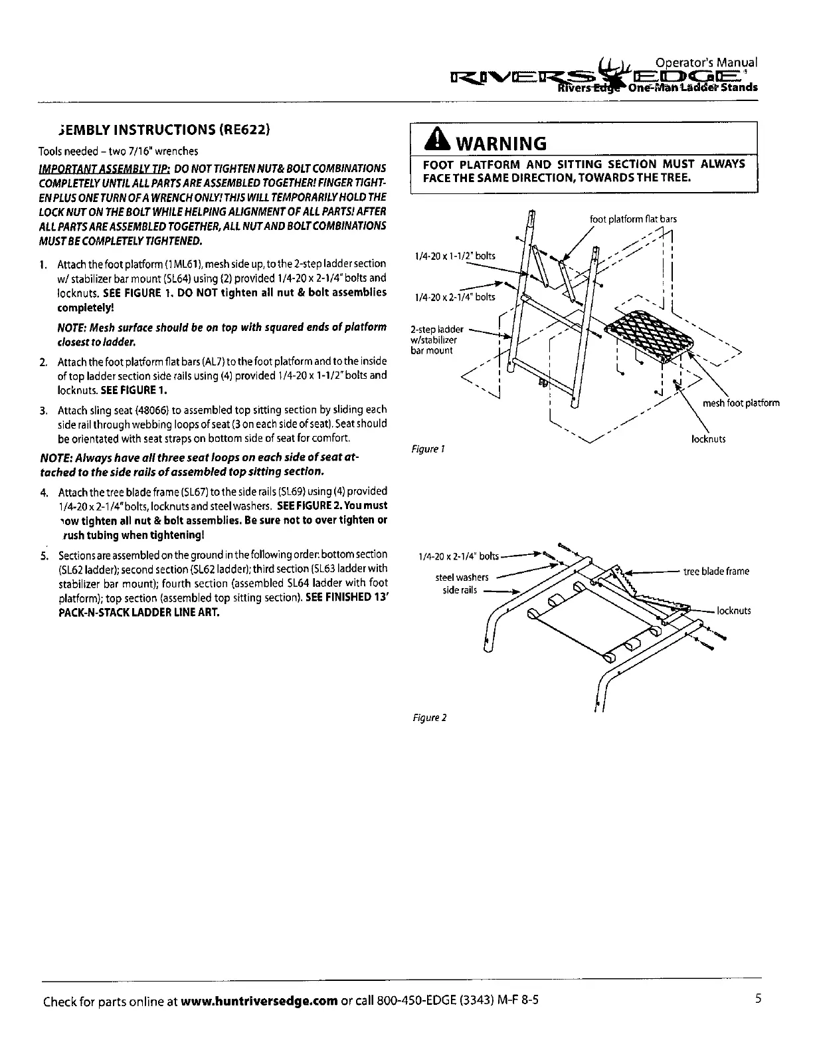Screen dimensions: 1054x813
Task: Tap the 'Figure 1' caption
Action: tap(427, 449)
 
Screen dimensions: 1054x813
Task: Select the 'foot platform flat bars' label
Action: tap(633, 219)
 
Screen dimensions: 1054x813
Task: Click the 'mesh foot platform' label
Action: tap(741, 403)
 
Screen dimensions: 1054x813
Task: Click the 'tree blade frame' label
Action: tap(716, 571)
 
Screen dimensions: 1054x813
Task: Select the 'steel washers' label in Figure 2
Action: tap(462, 577)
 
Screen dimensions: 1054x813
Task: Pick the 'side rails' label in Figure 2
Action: tap(460, 590)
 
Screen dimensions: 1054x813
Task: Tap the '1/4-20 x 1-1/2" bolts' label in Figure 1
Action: tap(454, 256)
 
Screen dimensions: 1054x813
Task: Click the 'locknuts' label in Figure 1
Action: tap(709, 439)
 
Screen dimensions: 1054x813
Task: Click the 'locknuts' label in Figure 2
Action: tap(733, 611)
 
